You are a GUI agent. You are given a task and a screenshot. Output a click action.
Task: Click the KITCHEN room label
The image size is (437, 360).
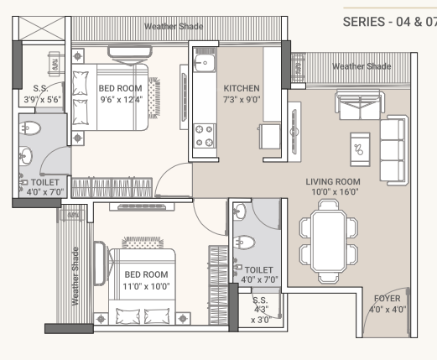click(x=242, y=88)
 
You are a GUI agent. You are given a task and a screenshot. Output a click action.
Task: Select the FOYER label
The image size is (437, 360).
click(x=388, y=298)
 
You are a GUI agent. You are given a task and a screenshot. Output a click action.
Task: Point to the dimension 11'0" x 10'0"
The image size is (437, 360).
click(x=146, y=286)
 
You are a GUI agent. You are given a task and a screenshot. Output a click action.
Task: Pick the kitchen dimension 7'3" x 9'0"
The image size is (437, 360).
click(x=242, y=99)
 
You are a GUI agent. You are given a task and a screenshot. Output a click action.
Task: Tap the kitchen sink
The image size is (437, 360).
click(x=204, y=63)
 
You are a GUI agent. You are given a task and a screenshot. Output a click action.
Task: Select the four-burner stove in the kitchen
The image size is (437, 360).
click(x=204, y=135)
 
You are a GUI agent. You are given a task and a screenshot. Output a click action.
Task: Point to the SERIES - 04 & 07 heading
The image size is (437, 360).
click(x=389, y=21)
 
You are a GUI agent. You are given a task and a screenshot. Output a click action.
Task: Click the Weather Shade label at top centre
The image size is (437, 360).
click(x=173, y=26)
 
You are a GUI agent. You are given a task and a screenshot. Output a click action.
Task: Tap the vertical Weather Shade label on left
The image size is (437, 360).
click(x=75, y=276)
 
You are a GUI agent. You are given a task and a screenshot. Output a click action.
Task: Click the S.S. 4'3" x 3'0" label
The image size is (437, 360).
click(x=261, y=310)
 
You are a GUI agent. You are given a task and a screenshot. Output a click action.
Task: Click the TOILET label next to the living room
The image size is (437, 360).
click(x=259, y=269)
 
